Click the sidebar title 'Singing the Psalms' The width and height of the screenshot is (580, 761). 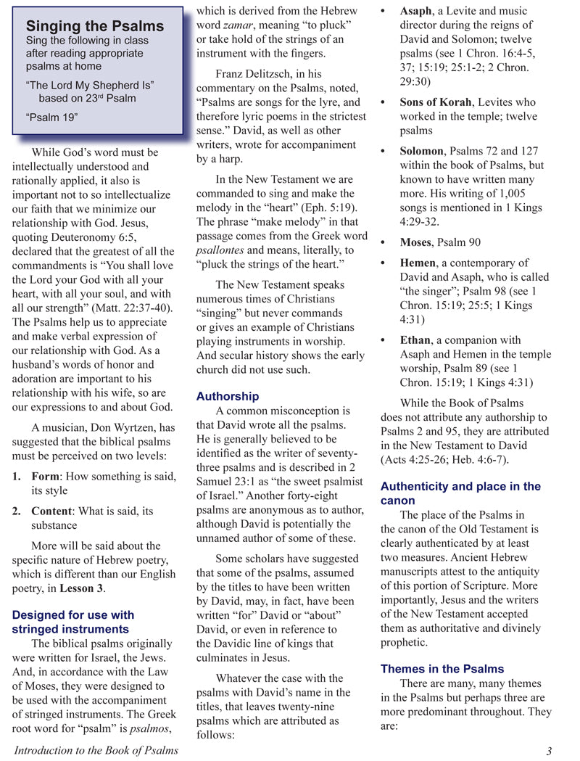click(95, 26)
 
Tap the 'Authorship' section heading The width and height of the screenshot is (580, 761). click(227, 396)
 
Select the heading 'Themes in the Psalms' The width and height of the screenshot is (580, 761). click(442, 669)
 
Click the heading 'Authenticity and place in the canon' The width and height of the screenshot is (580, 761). click(460, 493)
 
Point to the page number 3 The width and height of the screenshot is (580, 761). click(549, 750)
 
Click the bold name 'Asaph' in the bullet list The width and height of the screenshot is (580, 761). click(416, 12)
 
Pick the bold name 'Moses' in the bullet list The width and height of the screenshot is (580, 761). click(418, 242)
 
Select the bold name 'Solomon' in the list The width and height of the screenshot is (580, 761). click(421, 151)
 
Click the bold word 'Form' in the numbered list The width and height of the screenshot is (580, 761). click(46, 477)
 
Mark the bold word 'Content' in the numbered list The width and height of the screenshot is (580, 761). click(53, 511)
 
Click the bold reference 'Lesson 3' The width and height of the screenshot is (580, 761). click(80, 588)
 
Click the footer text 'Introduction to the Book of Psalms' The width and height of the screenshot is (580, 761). click(96, 750)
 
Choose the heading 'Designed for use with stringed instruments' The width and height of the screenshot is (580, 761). click(72, 622)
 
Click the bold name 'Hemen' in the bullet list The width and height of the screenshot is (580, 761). click(418, 263)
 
